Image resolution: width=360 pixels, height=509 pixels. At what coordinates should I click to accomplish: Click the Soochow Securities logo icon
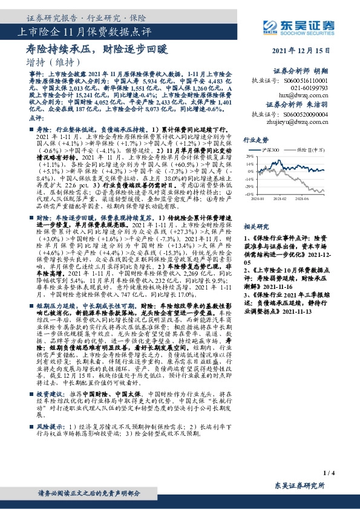click(x=270, y=25)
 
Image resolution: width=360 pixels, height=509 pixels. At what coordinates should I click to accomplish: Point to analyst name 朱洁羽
click(x=336, y=103)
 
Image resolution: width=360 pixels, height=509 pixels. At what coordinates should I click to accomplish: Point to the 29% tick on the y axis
click(x=248, y=155)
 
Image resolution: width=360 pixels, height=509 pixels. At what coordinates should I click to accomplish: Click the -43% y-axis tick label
click(x=247, y=194)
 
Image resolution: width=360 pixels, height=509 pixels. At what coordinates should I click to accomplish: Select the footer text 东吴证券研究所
click(x=299, y=486)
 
